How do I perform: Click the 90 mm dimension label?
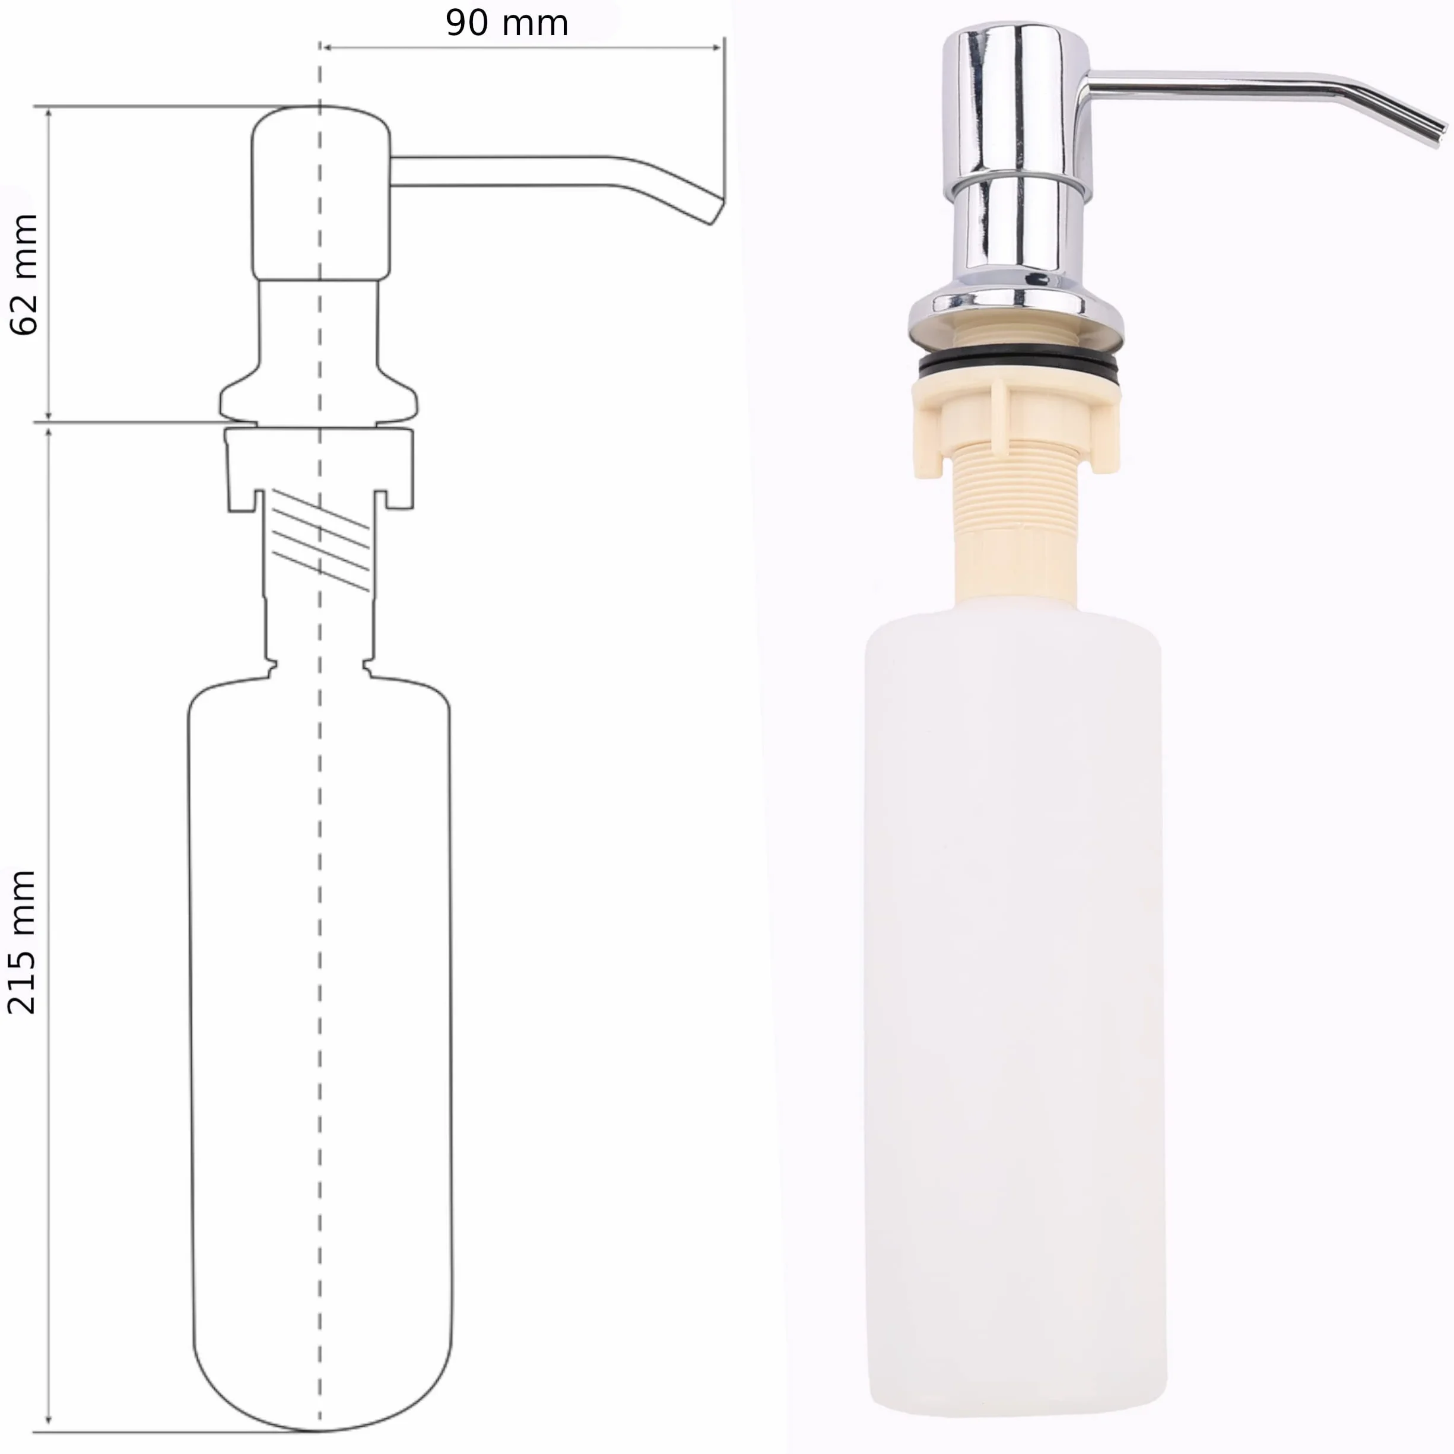(x=506, y=23)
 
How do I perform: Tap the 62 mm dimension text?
(x=23, y=275)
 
